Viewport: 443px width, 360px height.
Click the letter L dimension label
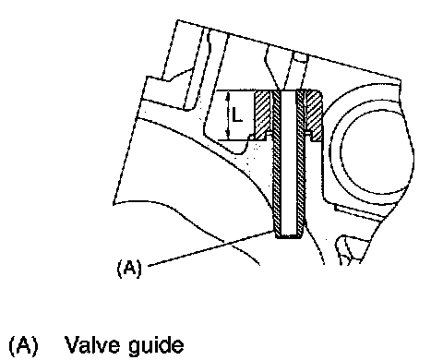click(237, 114)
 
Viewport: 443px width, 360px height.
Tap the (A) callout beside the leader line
click(129, 268)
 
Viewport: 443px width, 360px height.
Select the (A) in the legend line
click(23, 345)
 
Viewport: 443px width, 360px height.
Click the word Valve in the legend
click(92, 344)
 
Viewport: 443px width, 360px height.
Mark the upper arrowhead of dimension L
click(228, 95)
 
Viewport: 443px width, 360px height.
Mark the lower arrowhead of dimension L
click(228, 136)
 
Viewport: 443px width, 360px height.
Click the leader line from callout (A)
click(210, 248)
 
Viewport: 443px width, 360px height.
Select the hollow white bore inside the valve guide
click(288, 163)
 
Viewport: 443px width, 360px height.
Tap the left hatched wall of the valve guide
click(277, 163)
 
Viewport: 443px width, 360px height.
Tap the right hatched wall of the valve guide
click(300, 163)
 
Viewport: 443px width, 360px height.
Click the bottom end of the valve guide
click(289, 236)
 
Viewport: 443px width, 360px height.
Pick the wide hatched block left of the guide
click(263, 114)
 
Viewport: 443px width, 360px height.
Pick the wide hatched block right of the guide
click(314, 114)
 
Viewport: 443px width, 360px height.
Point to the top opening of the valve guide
click(288, 91)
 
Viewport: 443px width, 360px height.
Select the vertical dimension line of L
click(228, 115)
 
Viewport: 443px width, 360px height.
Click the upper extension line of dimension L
click(235, 90)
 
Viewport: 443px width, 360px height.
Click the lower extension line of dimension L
click(233, 140)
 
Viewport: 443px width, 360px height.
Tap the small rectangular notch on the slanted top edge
click(301, 57)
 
